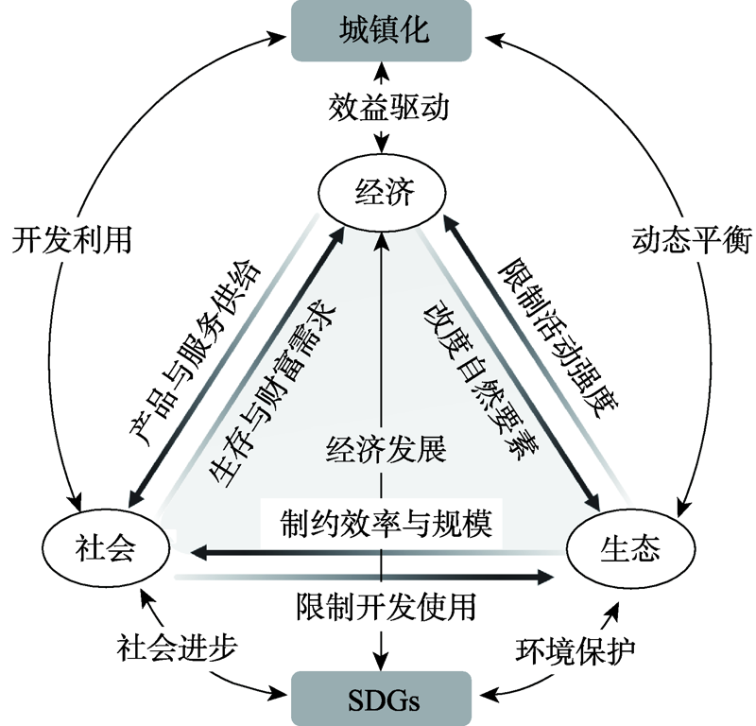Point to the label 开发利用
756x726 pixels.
tap(71, 240)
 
